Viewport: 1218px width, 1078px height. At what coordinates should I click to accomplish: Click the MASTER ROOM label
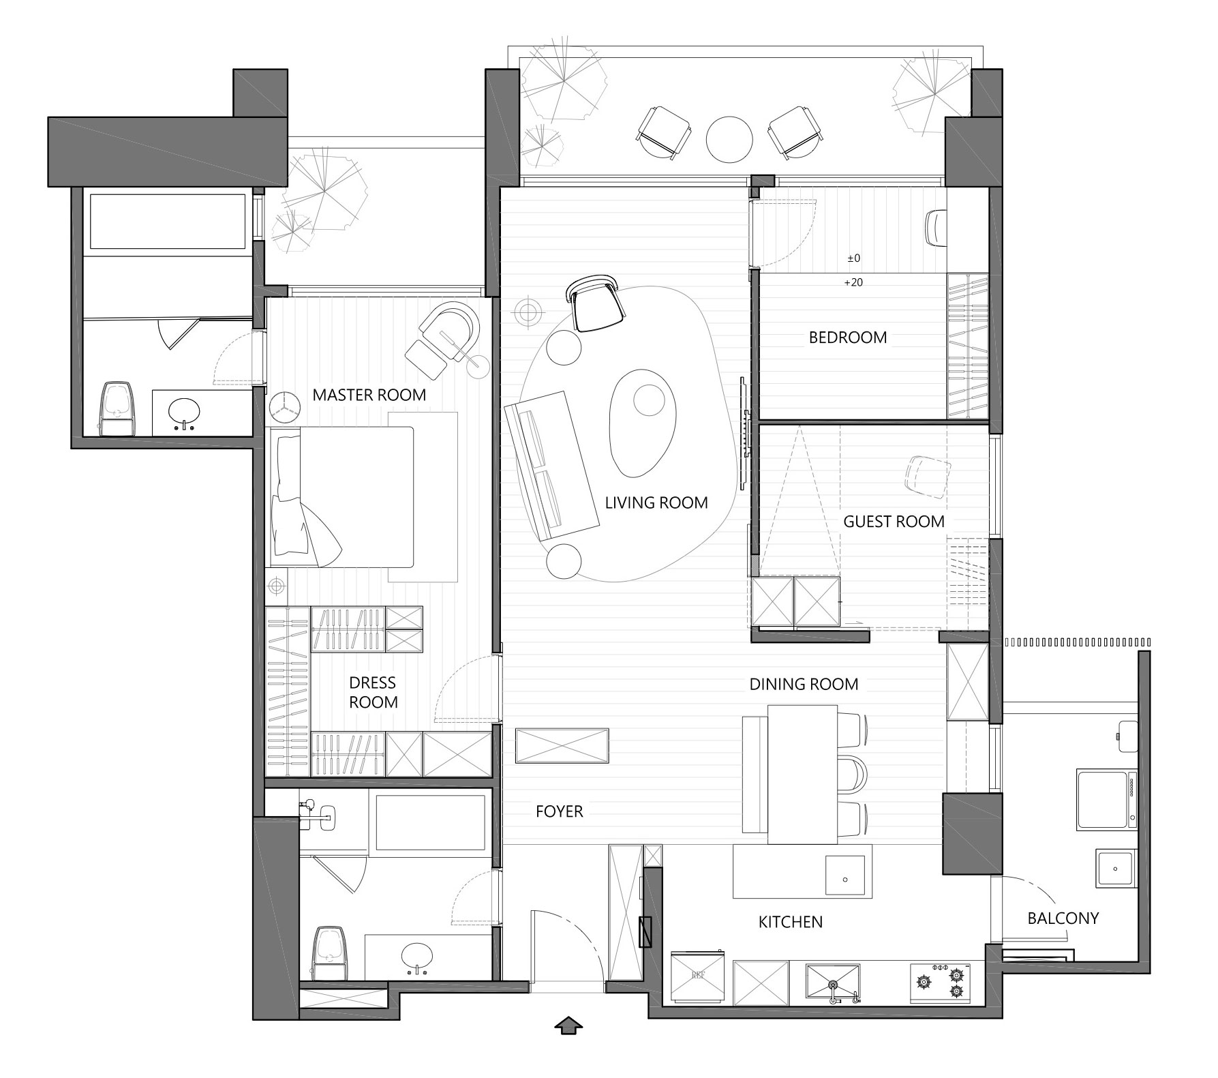[369, 395]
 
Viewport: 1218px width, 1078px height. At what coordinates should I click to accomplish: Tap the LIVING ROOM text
[656, 503]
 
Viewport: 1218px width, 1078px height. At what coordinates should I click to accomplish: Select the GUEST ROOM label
[894, 522]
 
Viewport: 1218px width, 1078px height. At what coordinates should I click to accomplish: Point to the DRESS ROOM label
[373, 693]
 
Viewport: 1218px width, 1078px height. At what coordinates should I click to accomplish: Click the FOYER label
[560, 811]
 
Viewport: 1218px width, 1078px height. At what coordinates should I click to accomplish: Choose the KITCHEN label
[791, 923]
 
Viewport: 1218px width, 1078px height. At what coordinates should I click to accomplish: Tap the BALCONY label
[1063, 918]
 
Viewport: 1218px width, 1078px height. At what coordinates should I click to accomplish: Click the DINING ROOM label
[804, 685]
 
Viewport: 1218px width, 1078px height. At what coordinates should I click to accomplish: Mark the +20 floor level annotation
[853, 282]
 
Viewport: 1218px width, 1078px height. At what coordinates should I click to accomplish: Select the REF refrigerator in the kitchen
[698, 976]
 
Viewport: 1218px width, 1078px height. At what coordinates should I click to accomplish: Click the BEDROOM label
[848, 338]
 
